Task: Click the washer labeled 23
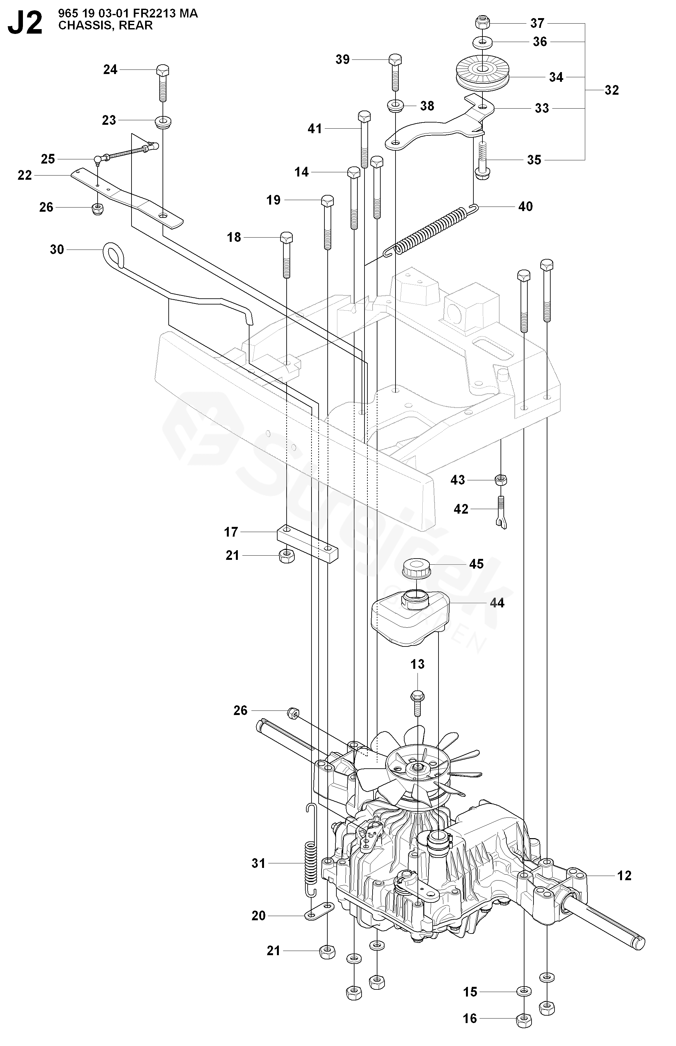click(163, 121)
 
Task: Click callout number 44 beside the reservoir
click(497, 603)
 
